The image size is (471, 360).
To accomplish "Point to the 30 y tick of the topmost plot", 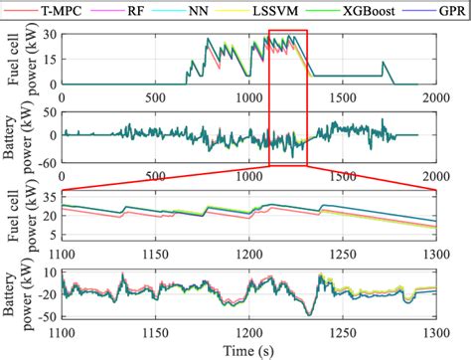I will click(x=50, y=35).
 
